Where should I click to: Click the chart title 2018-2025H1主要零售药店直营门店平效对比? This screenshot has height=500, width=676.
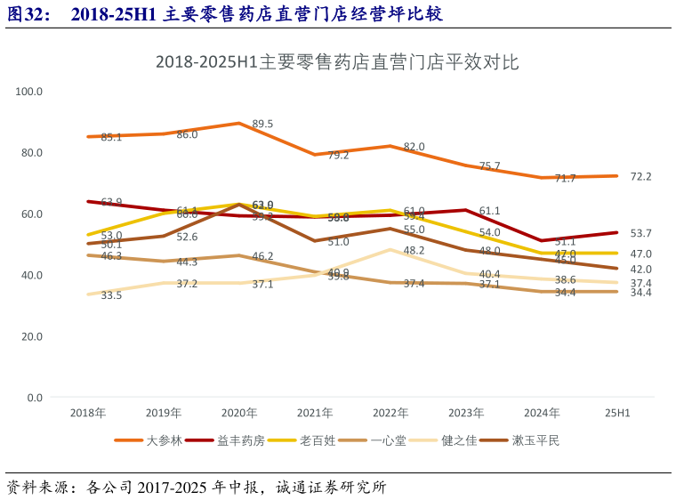tap(337, 62)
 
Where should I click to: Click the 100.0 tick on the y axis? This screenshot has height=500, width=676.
tap(29, 92)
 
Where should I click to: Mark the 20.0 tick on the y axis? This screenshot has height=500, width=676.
tap(32, 336)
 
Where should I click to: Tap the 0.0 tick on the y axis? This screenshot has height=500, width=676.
tap(35, 398)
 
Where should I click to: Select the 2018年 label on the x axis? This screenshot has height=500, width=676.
tap(87, 413)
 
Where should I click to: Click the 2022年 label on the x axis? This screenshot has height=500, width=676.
tap(390, 413)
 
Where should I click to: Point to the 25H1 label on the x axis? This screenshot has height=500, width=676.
tap(617, 413)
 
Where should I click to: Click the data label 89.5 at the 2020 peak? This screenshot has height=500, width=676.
tap(262, 124)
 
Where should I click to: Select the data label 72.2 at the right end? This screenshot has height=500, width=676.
tap(640, 176)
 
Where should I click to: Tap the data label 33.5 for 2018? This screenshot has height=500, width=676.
tap(111, 295)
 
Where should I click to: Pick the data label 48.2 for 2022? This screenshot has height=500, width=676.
tap(414, 250)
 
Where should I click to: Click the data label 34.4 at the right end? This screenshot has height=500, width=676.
tap(640, 293)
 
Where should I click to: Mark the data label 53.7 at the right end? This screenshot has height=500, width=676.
tap(640, 233)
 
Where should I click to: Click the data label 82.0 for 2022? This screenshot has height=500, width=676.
tap(414, 147)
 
